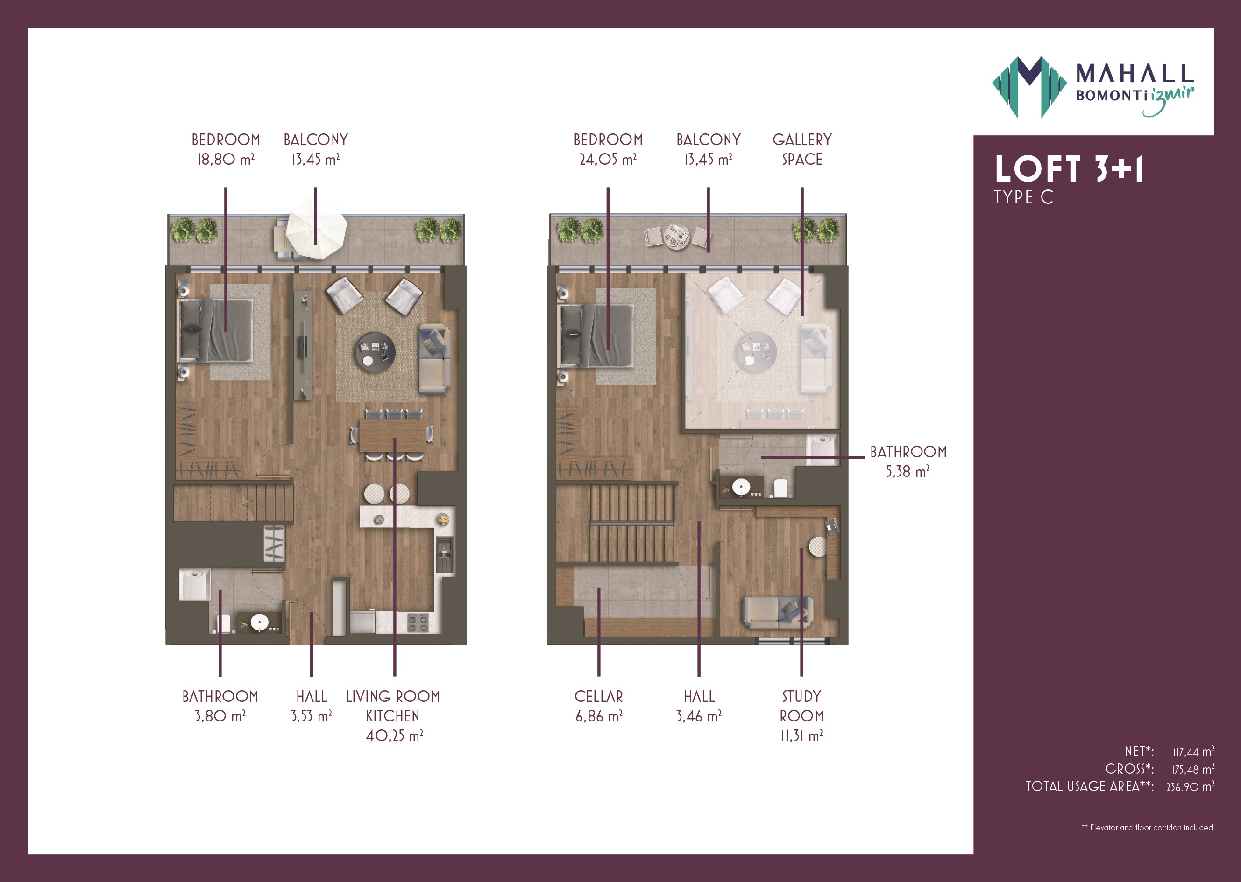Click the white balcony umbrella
coord(316,228)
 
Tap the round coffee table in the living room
coord(375,352)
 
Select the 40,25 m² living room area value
coord(394,736)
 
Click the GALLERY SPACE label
coord(802,149)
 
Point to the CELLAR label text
coord(598,696)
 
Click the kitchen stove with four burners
coord(418,623)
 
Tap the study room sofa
coord(778,612)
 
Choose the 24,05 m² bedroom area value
coord(608,160)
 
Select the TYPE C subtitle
coord(1023,197)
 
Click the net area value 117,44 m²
coord(1193,752)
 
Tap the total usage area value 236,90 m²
coord(1191,786)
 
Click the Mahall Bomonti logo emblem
coord(1029,87)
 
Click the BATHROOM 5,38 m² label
coord(908,462)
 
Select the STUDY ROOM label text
coord(802,706)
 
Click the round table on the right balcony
coord(677,236)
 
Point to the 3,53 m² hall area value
coord(312,716)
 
